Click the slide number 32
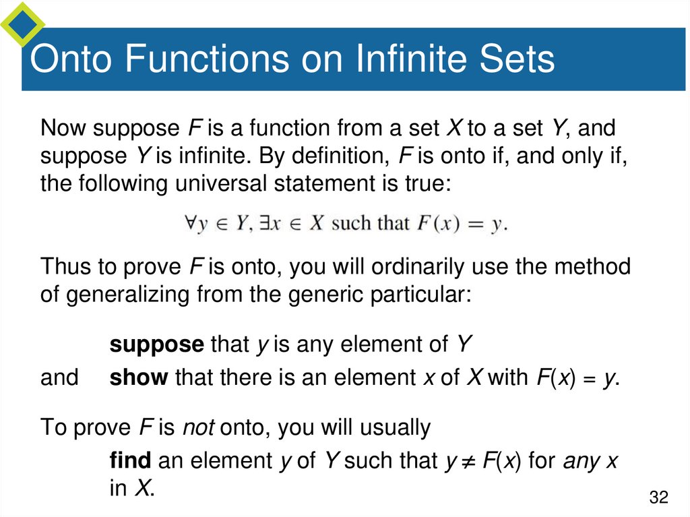tap(658, 498)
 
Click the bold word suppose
tap(156, 345)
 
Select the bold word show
tap(138, 377)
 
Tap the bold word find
tap(130, 461)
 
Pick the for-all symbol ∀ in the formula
tap(189, 224)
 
